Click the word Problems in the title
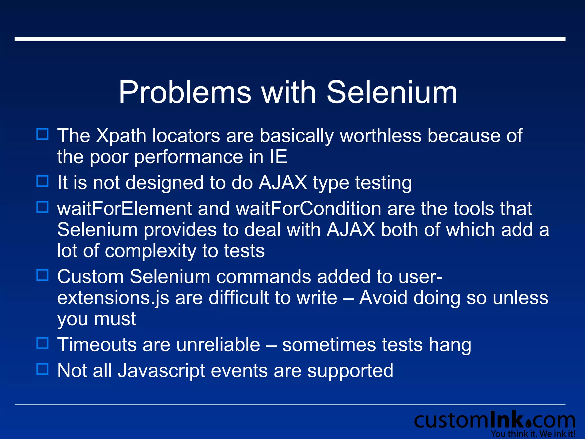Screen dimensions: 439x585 [x=185, y=93]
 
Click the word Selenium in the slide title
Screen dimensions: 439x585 [x=392, y=93]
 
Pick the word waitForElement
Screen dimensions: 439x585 [x=125, y=208]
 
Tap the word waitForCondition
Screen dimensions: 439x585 [x=308, y=208]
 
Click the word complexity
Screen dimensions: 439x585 [x=151, y=251]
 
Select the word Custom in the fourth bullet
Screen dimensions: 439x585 [x=90, y=277]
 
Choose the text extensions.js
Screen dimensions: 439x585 [x=113, y=298]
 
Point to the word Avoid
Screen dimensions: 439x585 [x=383, y=298]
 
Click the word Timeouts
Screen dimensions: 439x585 [x=97, y=345]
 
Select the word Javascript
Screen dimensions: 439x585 [x=161, y=371]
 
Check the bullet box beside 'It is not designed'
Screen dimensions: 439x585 [x=43, y=181]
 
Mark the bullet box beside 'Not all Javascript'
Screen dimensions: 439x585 [x=43, y=369]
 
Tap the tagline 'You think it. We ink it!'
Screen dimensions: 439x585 [x=533, y=434]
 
